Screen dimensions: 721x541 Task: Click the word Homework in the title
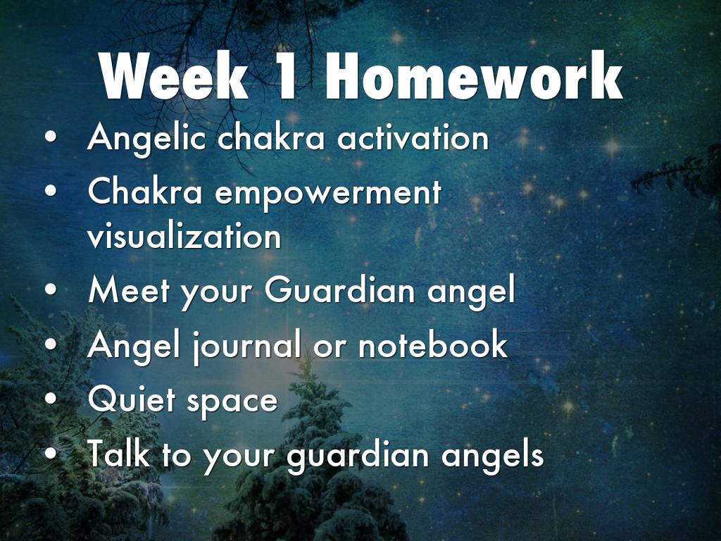pyautogui.click(x=474, y=76)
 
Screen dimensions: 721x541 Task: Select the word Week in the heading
pyautogui.click(x=174, y=76)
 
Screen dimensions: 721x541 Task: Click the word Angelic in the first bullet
pyautogui.click(x=146, y=138)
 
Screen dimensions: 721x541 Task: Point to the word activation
pyautogui.click(x=413, y=137)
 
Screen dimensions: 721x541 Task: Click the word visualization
pyautogui.click(x=184, y=236)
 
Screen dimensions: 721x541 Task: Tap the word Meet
pyautogui.click(x=129, y=290)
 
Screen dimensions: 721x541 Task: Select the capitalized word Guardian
pyautogui.click(x=340, y=290)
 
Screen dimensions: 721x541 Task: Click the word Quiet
pyautogui.click(x=132, y=399)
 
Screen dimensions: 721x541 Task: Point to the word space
pyautogui.click(x=232, y=402)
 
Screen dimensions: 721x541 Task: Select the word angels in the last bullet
pyautogui.click(x=492, y=456)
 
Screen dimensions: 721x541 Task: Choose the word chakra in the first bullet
pyautogui.click(x=271, y=137)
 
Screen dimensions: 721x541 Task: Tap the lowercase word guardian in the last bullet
pyautogui.click(x=358, y=456)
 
